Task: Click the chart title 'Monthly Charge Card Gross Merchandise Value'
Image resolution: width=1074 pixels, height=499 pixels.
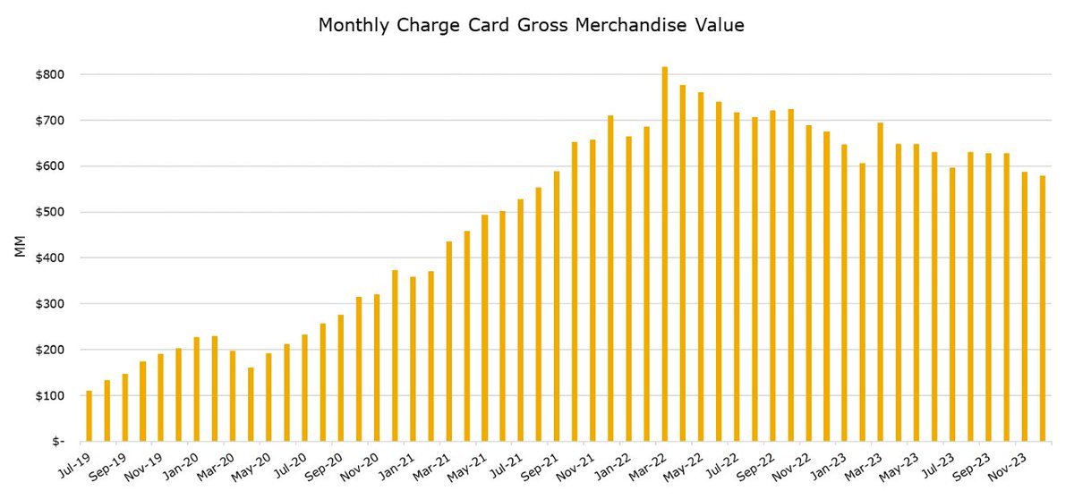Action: point(532,26)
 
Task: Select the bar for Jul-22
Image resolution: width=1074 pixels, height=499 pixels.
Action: point(737,276)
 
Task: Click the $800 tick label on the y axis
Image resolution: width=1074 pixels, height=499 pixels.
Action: point(48,74)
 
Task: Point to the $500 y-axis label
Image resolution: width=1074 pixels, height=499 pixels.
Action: point(48,212)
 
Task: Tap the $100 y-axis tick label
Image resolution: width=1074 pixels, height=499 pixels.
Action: point(48,395)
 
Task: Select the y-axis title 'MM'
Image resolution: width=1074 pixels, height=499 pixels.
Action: point(20,248)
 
